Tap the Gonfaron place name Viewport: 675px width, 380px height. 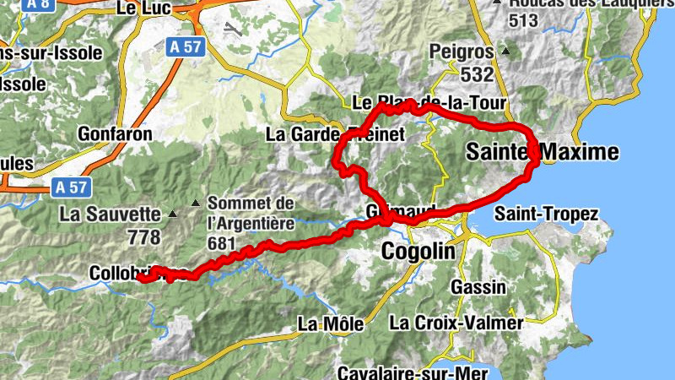tap(115, 133)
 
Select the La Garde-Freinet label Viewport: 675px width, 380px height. tap(336, 133)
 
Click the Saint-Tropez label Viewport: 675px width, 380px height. tap(546, 214)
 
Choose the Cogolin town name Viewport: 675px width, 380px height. tap(418, 251)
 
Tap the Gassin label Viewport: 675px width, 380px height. tap(478, 287)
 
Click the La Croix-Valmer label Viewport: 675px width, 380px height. tap(456, 323)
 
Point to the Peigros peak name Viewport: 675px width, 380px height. tap(460, 51)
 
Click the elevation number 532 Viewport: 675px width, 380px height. tap(477, 74)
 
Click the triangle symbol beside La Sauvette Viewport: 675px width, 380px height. tap(173, 214)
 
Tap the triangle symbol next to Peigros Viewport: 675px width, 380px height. tap(505, 51)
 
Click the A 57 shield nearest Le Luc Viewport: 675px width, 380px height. tap(183, 46)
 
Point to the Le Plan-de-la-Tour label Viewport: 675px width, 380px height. tap(429, 103)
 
